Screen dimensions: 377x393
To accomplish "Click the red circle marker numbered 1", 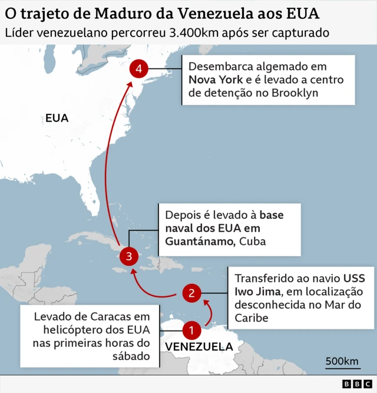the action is click(191, 330).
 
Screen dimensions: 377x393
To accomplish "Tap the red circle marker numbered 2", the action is click(192, 293).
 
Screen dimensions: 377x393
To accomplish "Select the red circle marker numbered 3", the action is click(128, 257).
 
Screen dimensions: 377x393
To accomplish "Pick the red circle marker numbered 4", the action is click(138, 70).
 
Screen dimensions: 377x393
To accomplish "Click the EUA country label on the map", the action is click(57, 118).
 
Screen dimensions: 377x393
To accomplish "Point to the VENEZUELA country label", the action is click(199, 346).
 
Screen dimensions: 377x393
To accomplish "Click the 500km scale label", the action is click(342, 361).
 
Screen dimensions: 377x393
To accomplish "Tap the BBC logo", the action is click(353, 384).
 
